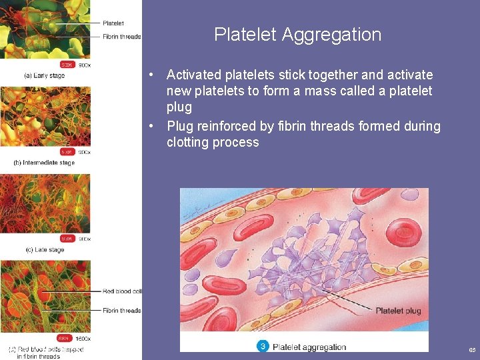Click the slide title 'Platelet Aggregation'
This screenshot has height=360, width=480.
(297, 35)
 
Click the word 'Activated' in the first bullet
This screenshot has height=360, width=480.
(194, 75)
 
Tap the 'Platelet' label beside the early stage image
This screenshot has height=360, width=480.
(113, 23)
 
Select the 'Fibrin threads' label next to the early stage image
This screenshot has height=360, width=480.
(122, 37)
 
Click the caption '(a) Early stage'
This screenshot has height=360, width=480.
(44, 75)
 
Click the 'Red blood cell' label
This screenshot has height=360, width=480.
(122, 291)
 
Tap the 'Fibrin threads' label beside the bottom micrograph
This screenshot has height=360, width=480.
(122, 311)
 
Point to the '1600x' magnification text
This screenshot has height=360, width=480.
(82, 338)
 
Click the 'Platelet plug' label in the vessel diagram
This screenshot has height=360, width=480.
(398, 311)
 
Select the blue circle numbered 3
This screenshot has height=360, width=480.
(263, 346)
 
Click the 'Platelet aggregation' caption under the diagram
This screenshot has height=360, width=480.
(309, 347)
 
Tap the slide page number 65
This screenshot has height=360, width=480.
(472, 350)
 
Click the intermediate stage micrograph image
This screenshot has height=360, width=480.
(45, 117)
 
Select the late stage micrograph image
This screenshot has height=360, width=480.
(45, 203)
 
